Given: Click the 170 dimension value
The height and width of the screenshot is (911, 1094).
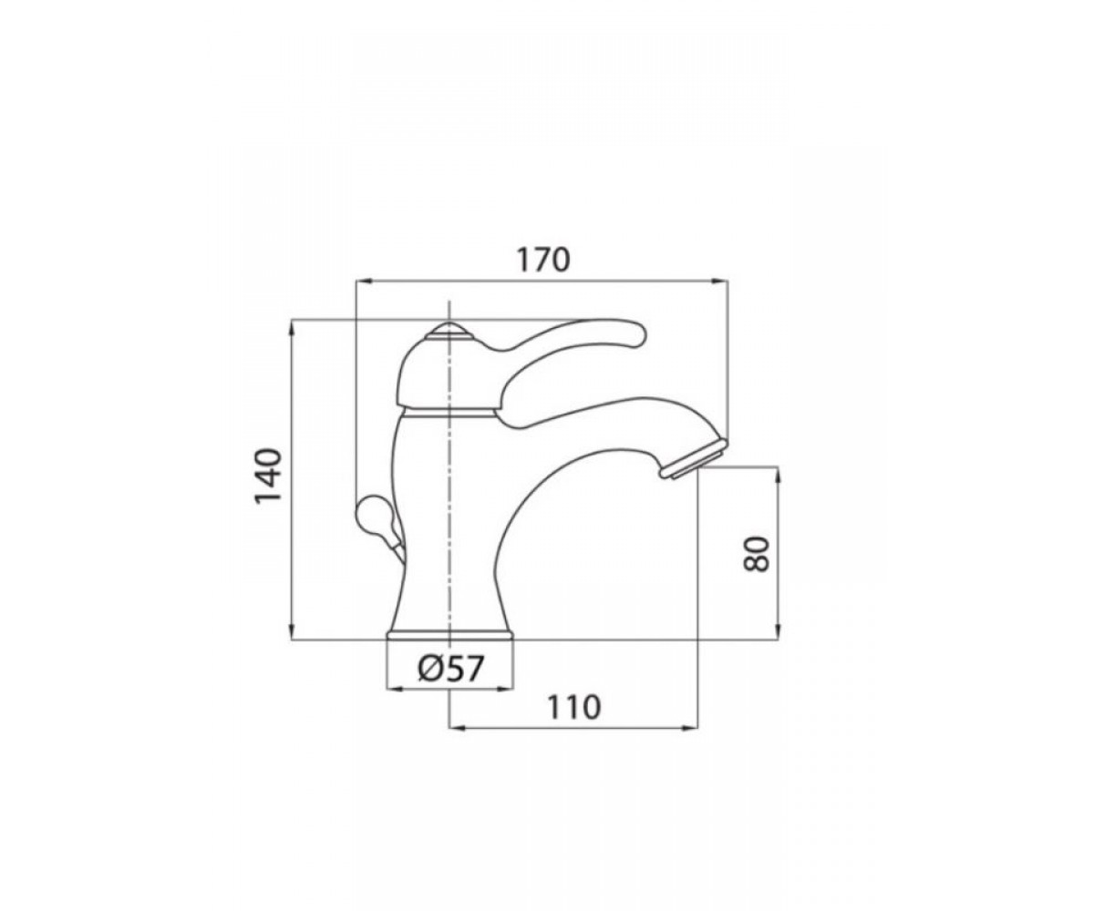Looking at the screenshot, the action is [x=543, y=260].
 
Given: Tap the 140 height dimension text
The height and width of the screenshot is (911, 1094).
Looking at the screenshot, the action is [x=268, y=476].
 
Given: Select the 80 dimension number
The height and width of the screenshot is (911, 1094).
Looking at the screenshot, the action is [x=757, y=554].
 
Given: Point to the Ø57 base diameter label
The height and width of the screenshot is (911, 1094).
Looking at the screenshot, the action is [x=450, y=669].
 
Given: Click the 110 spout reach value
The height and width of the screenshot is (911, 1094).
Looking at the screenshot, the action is [x=574, y=708].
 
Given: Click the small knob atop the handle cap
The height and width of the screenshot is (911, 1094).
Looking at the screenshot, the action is [x=449, y=330].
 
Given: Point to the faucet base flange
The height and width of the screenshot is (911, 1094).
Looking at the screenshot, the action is [x=450, y=635].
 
